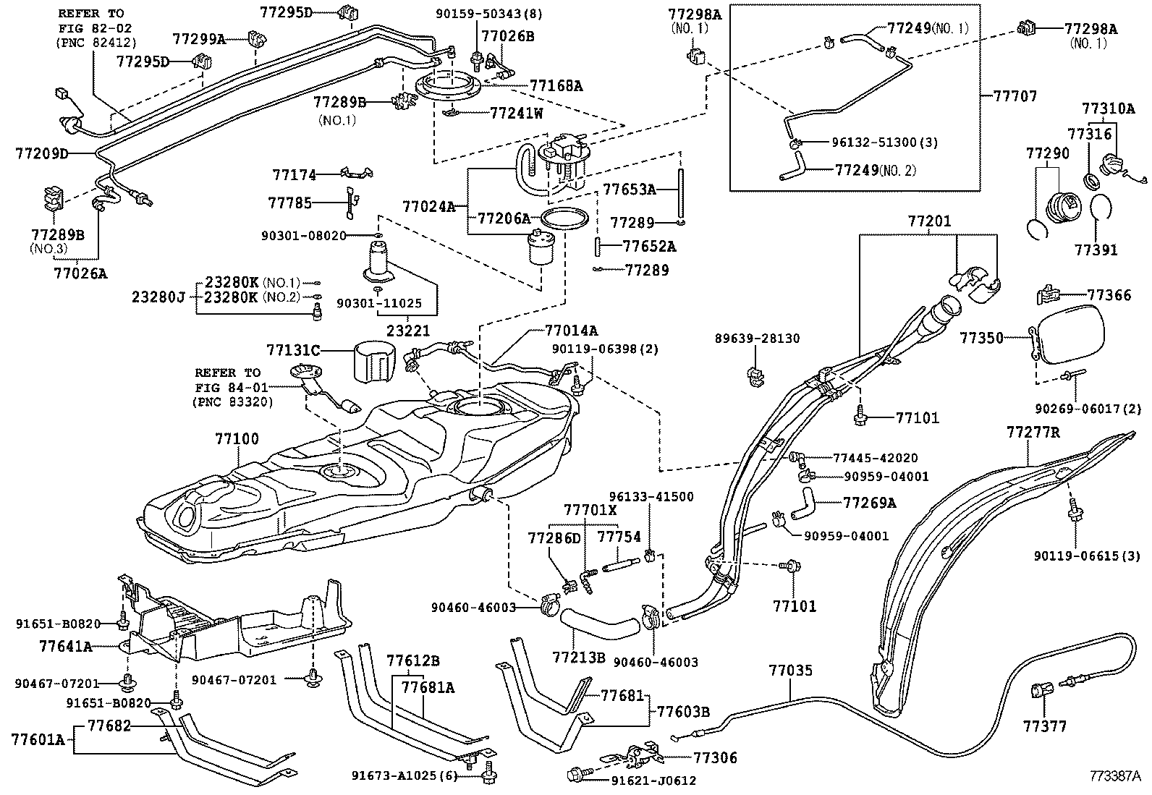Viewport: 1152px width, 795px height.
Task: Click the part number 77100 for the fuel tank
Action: coord(237,439)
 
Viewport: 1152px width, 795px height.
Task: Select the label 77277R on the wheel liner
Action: coord(1033,433)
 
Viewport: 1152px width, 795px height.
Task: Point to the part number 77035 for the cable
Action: coord(791,671)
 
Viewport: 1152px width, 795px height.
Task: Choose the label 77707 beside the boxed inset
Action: coord(1015,96)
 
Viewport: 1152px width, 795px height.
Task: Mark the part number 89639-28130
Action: coord(757,339)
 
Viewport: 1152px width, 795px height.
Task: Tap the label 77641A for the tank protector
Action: coord(66,646)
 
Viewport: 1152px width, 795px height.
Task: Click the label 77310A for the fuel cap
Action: coord(1109,109)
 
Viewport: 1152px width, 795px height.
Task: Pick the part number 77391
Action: coord(1096,250)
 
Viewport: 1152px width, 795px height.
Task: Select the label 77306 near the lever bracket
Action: coord(715,757)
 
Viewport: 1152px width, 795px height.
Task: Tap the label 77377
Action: coord(1044,726)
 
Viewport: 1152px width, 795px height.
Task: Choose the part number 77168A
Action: coord(556,86)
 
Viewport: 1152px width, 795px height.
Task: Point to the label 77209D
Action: coord(41,153)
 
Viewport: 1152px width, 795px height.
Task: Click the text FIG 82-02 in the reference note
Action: coord(91,28)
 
